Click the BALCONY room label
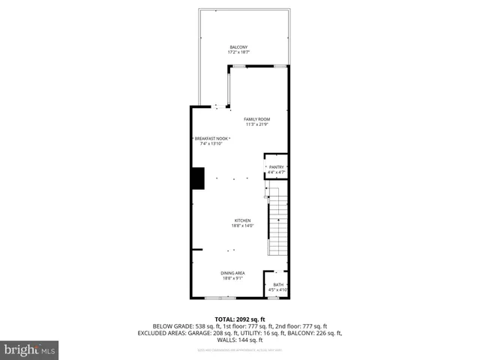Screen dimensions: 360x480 click(238, 47)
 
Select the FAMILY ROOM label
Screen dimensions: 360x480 click(256, 119)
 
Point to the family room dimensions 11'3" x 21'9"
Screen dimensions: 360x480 click(256, 125)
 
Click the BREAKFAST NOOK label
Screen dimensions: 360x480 click(212, 139)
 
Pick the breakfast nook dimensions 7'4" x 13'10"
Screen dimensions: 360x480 click(211, 144)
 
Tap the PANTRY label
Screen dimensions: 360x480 click(276, 167)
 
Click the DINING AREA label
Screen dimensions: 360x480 click(232, 272)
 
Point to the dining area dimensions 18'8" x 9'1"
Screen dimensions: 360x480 click(232, 278)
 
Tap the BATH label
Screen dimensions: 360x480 click(278, 284)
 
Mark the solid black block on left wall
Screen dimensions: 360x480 click(198, 178)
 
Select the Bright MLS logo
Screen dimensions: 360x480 click(30, 349)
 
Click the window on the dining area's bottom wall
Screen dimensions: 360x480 click(216, 298)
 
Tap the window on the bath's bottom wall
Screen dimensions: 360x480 click(274, 298)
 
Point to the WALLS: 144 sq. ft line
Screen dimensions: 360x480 click(240, 340)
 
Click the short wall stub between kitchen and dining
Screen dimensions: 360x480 click(196, 250)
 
